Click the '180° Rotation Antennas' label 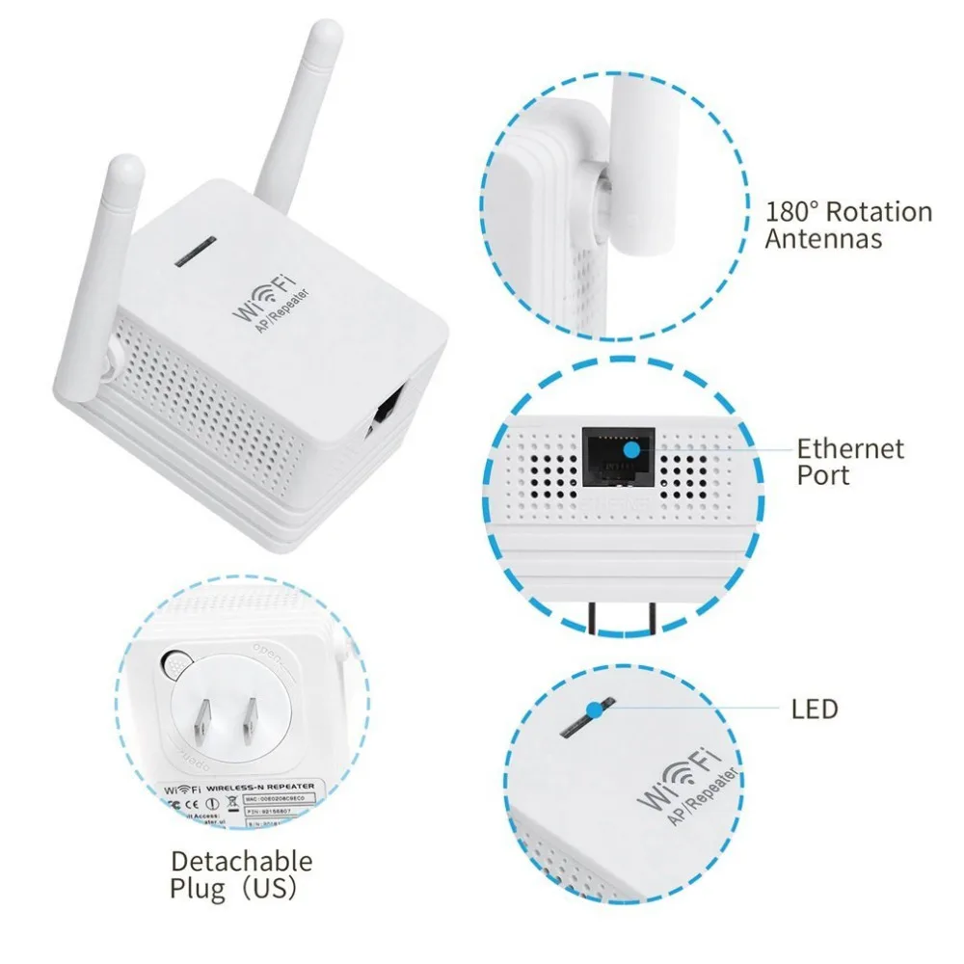848,225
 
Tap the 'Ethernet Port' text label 849,461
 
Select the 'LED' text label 816,710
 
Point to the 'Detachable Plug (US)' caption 241,873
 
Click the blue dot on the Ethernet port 629,449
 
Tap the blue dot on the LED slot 595,710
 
